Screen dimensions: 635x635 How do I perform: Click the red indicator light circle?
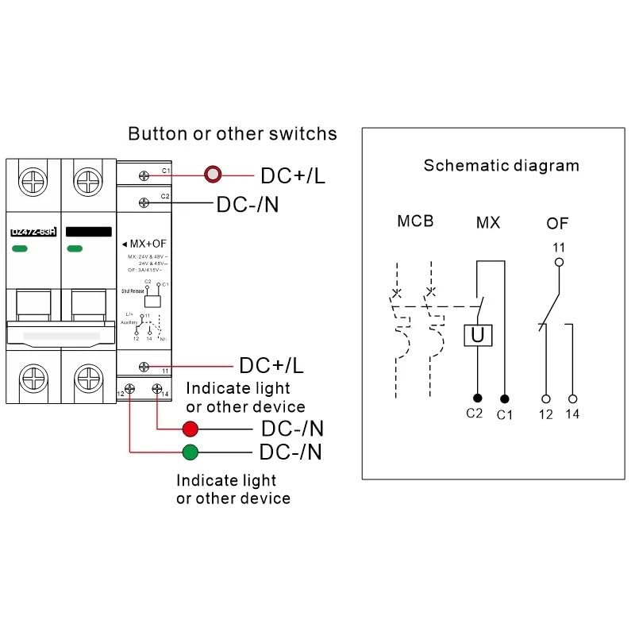(x=190, y=429)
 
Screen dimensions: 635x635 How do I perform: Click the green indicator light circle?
(x=190, y=452)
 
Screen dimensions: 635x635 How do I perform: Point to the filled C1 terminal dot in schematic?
(x=505, y=397)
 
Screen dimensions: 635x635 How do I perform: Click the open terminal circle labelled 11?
(x=559, y=261)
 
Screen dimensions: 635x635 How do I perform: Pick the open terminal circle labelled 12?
(x=545, y=398)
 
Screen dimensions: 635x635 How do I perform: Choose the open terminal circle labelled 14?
(x=573, y=398)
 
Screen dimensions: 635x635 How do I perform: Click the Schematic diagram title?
(x=501, y=166)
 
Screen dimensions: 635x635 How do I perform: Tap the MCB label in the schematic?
(x=415, y=221)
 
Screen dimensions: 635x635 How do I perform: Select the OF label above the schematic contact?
(x=557, y=223)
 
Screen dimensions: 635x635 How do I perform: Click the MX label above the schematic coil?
(x=487, y=223)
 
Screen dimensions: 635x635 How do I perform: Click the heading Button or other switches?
(x=233, y=133)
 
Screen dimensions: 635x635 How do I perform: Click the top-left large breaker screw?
(x=34, y=182)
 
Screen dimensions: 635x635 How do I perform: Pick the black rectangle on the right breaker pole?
(x=88, y=232)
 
